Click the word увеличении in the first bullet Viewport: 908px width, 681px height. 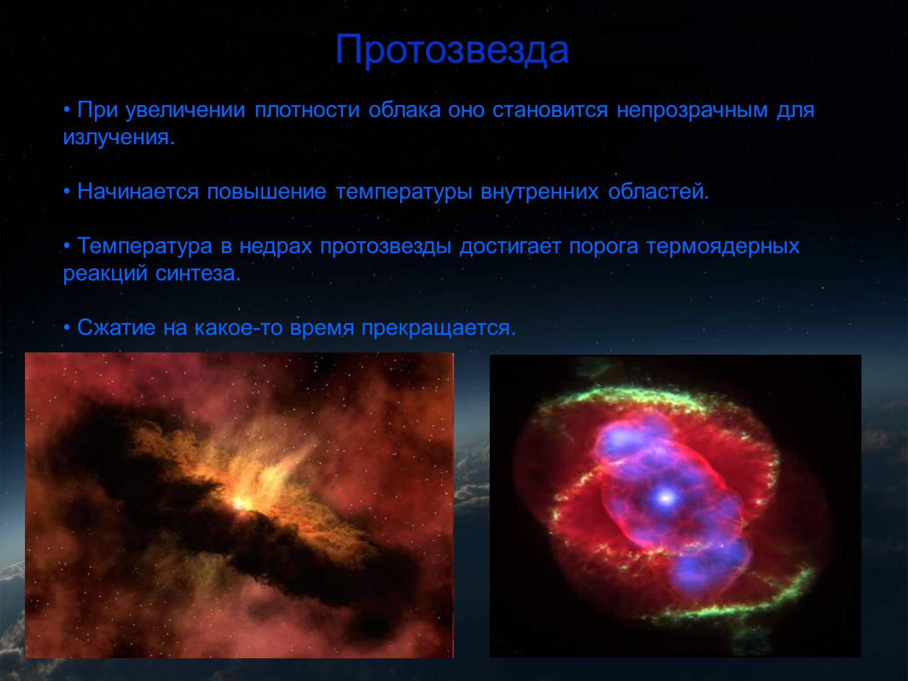[186, 111]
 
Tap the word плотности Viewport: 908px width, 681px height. [307, 110]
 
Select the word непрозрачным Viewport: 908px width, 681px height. [692, 111]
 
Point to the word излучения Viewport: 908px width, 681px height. [119, 137]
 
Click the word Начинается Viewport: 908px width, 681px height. [138, 191]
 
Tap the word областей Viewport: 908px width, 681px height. [658, 191]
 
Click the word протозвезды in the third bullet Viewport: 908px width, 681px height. [385, 246]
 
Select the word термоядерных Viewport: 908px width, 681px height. [723, 246]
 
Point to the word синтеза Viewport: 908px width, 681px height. [198, 274]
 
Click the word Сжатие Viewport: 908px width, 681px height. [116, 327]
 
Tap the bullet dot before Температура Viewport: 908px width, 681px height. [66, 246]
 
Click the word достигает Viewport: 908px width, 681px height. [510, 246]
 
